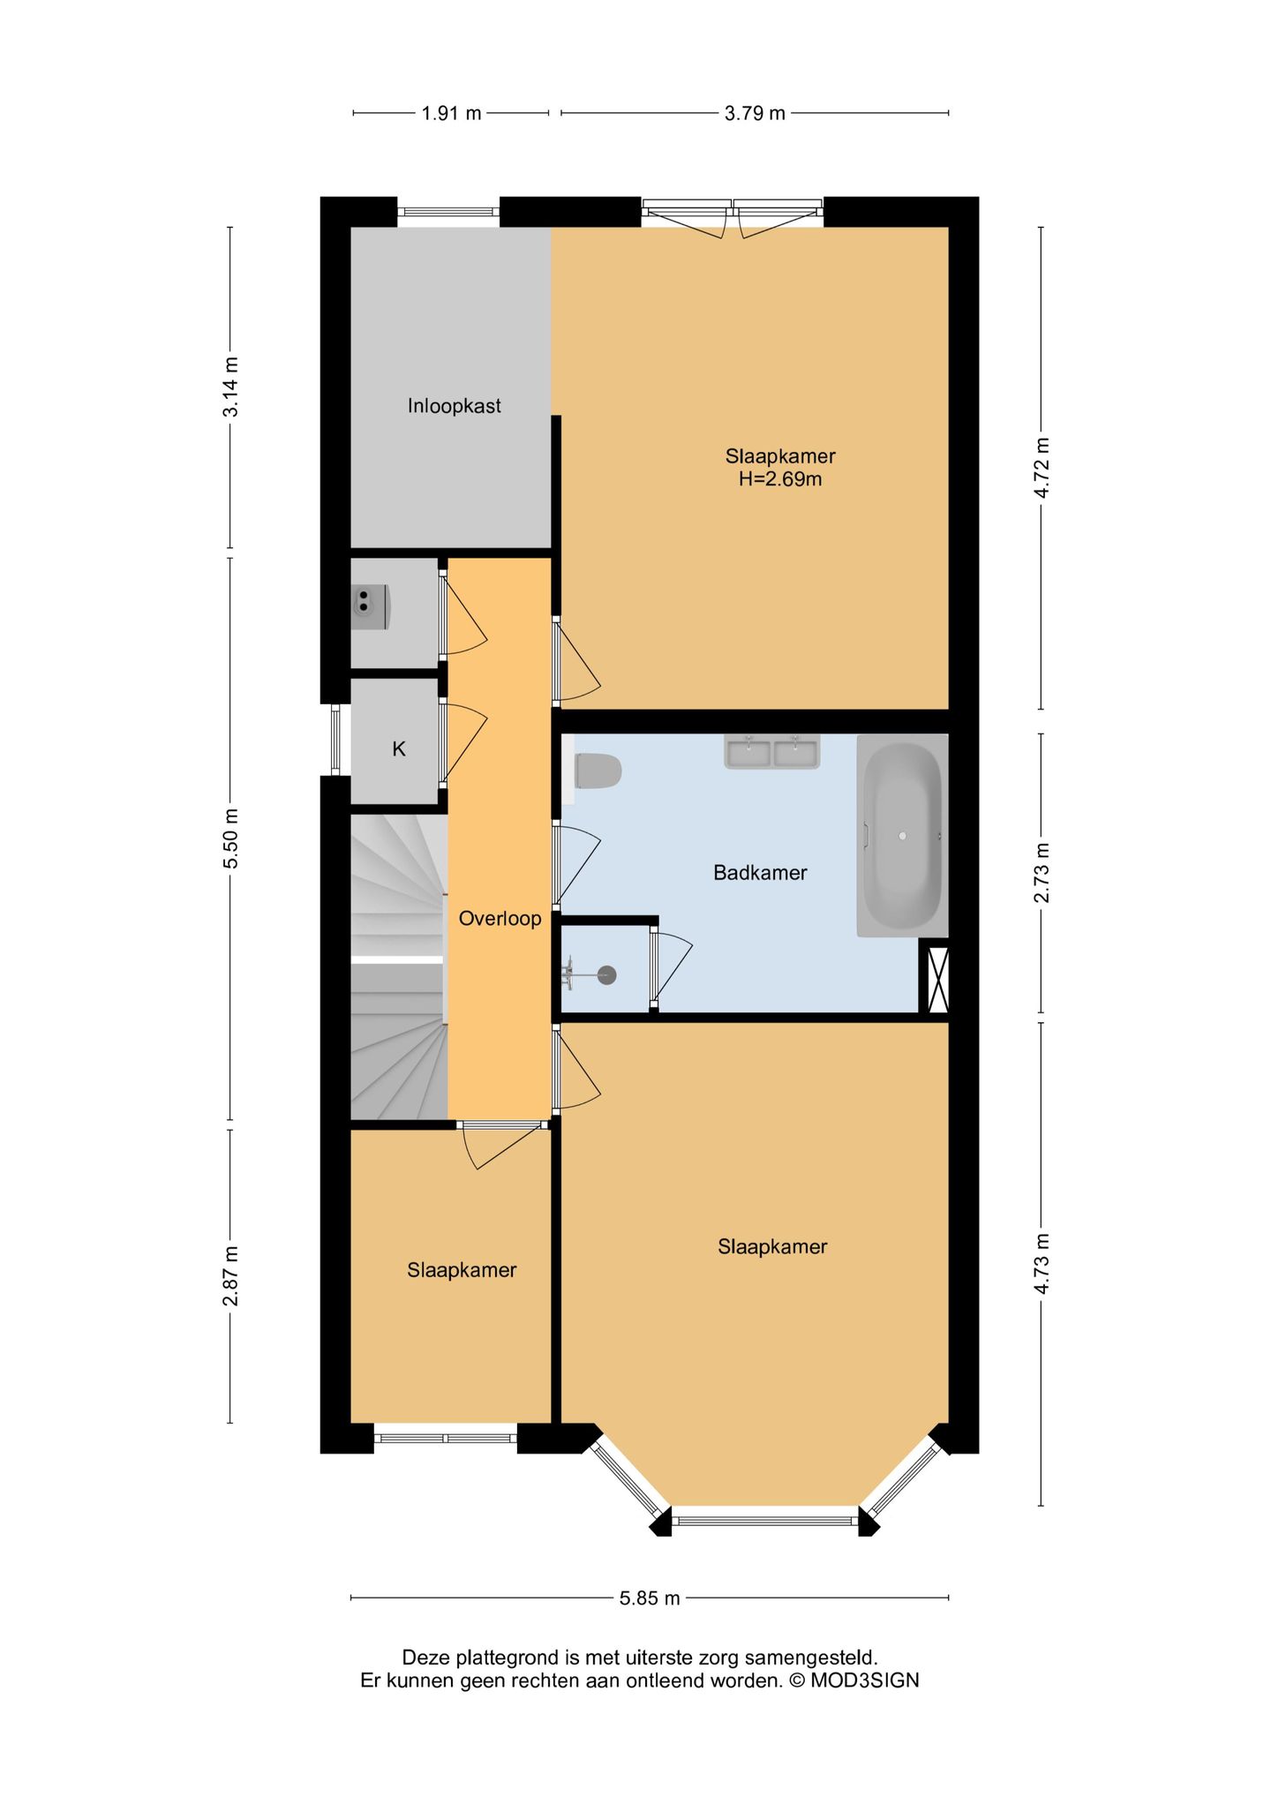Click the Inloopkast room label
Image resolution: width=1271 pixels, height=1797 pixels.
tap(454, 406)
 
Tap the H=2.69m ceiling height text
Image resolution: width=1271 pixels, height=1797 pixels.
tap(780, 479)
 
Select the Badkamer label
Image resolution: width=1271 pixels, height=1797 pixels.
tap(760, 873)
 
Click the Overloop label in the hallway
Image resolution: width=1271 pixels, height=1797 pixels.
tap(500, 919)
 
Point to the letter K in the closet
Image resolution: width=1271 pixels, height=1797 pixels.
tap(399, 749)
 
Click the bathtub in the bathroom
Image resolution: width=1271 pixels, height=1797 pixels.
tap(902, 835)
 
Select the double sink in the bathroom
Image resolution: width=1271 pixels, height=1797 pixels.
tap(772, 752)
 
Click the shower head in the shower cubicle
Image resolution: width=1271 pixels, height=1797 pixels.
tap(606, 975)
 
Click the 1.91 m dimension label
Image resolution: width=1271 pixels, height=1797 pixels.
tap(451, 113)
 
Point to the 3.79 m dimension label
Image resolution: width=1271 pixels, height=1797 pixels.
tap(755, 113)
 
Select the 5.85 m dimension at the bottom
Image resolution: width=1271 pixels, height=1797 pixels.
tap(650, 1598)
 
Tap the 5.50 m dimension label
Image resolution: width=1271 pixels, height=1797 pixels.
tap(231, 838)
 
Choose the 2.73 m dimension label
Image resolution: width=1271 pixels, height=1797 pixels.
tap(1042, 872)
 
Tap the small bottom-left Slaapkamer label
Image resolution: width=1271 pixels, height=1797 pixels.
tap(461, 1270)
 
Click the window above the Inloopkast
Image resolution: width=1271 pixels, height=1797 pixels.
tap(447, 212)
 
